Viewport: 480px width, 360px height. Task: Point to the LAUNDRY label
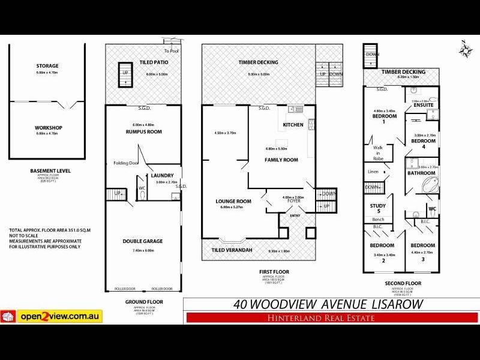tap(162, 175)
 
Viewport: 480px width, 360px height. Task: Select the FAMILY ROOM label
tap(281, 160)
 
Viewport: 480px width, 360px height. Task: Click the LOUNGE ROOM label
tap(230, 201)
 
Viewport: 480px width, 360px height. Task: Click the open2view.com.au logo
tap(52, 316)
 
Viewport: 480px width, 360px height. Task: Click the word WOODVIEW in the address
tap(300, 303)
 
